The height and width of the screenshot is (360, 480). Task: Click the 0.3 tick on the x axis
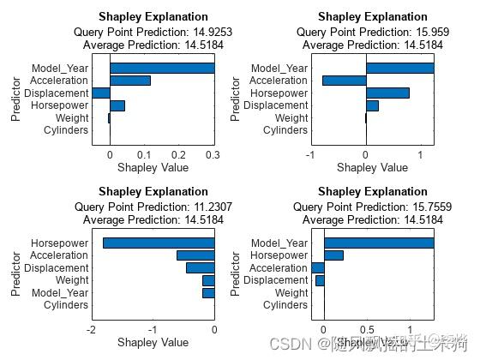pyautogui.click(x=213, y=154)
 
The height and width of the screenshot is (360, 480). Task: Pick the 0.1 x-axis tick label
pyautogui.click(x=144, y=154)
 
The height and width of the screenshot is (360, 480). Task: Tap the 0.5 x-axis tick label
pyautogui.click(x=367, y=330)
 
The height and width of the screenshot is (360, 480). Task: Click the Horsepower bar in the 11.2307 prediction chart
pyautogui.click(x=158, y=243)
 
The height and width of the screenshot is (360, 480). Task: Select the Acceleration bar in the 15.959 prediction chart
pyautogui.click(x=344, y=81)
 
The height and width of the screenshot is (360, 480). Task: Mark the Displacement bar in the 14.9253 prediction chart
pyautogui.click(x=101, y=93)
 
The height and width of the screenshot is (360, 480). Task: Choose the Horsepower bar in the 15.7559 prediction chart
pyautogui.click(x=333, y=255)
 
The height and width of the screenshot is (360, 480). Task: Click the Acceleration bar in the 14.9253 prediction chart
pyautogui.click(x=129, y=81)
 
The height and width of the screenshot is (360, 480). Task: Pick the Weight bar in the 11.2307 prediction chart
pyautogui.click(x=208, y=280)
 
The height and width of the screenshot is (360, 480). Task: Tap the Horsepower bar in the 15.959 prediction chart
pyautogui.click(x=387, y=93)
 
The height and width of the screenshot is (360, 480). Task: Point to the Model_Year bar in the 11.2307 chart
pyautogui.click(x=208, y=292)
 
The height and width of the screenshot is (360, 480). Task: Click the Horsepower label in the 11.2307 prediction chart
pyautogui.click(x=60, y=243)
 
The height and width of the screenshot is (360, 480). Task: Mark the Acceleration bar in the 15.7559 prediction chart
pyautogui.click(x=318, y=267)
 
